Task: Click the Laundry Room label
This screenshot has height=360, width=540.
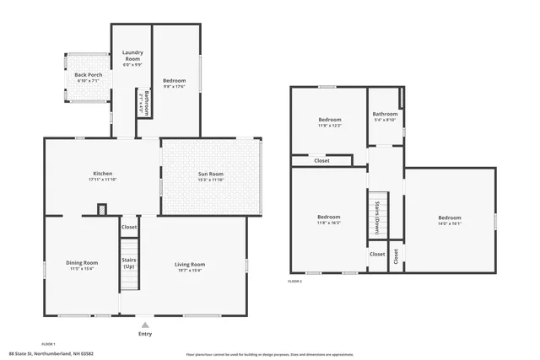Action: click(132, 57)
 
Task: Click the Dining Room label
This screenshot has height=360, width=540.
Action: click(82, 266)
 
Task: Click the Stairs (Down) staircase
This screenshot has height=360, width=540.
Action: click(377, 218)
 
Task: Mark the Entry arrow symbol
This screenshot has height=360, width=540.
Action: click(146, 323)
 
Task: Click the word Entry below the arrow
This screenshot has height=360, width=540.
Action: click(146, 334)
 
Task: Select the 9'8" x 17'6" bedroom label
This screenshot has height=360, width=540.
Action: click(175, 83)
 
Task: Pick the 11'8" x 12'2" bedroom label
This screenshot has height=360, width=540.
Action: click(329, 122)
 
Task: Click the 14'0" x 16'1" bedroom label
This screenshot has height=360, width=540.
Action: click(449, 221)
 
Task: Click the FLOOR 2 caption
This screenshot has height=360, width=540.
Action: click(294, 281)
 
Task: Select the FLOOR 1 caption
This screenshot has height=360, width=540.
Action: click(48, 320)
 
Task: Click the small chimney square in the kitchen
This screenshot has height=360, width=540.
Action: click(102, 209)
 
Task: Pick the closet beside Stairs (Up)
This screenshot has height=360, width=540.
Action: click(129, 227)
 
